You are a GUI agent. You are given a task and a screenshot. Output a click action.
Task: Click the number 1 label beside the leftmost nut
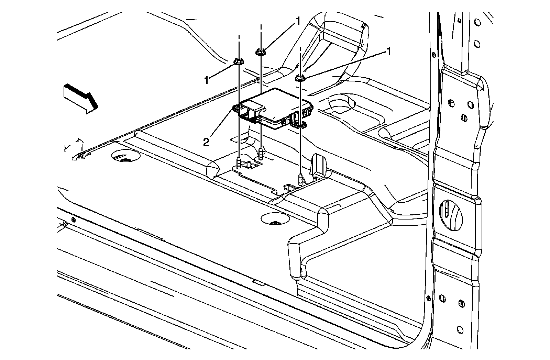click(x=207, y=80)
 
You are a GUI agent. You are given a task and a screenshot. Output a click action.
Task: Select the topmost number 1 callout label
click(x=298, y=21)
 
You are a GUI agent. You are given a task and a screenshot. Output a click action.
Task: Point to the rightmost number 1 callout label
click(x=389, y=52)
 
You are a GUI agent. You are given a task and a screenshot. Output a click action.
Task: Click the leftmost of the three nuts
click(x=238, y=62)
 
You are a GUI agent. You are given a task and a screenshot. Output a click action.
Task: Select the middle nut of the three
click(x=261, y=52)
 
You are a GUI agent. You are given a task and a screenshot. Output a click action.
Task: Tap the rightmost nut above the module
click(x=300, y=78)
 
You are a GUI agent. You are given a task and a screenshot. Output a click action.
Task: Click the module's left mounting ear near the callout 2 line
click(x=236, y=109)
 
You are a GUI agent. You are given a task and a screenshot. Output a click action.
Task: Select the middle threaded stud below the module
click(x=261, y=151)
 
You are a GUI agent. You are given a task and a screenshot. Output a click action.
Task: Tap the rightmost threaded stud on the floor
click(x=301, y=180)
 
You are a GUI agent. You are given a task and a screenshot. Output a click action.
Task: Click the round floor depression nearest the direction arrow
click(x=125, y=157)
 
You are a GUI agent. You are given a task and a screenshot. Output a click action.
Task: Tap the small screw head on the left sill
click(x=73, y=219)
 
